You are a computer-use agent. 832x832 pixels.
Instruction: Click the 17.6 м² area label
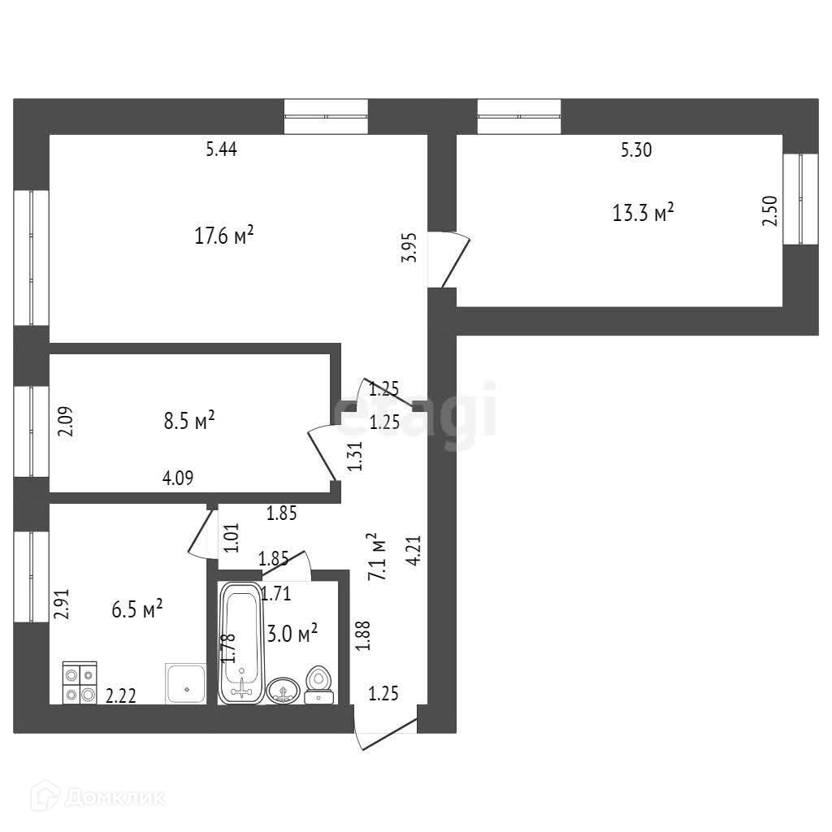pyautogui.click(x=223, y=236)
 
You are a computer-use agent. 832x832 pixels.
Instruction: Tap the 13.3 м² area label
pyautogui.click(x=643, y=214)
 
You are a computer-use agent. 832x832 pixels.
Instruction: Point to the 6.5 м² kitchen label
pyautogui.click(x=137, y=609)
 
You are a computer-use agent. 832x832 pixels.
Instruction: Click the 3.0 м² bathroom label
pyautogui.click(x=292, y=634)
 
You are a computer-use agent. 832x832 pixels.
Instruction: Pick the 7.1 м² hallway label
pyautogui.click(x=375, y=556)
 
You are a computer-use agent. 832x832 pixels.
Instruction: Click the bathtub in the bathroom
pyautogui.click(x=241, y=642)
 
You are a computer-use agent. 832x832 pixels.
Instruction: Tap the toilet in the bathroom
pyautogui.click(x=318, y=685)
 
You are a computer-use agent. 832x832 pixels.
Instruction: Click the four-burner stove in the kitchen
pyautogui.click(x=80, y=683)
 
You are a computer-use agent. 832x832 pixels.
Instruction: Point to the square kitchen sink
pyautogui.click(x=186, y=683)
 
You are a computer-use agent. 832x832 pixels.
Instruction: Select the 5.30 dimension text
pyautogui.click(x=637, y=149)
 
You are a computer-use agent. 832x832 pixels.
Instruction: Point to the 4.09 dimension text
pyautogui.click(x=178, y=479)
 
